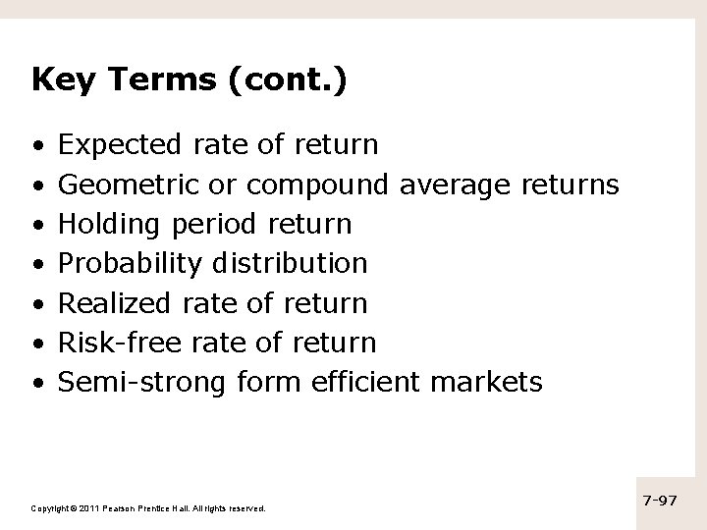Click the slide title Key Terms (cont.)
coord(189,80)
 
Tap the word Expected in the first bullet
coord(120,145)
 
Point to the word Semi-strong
coord(143,382)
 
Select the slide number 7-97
coord(660,501)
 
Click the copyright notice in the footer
coord(148,507)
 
